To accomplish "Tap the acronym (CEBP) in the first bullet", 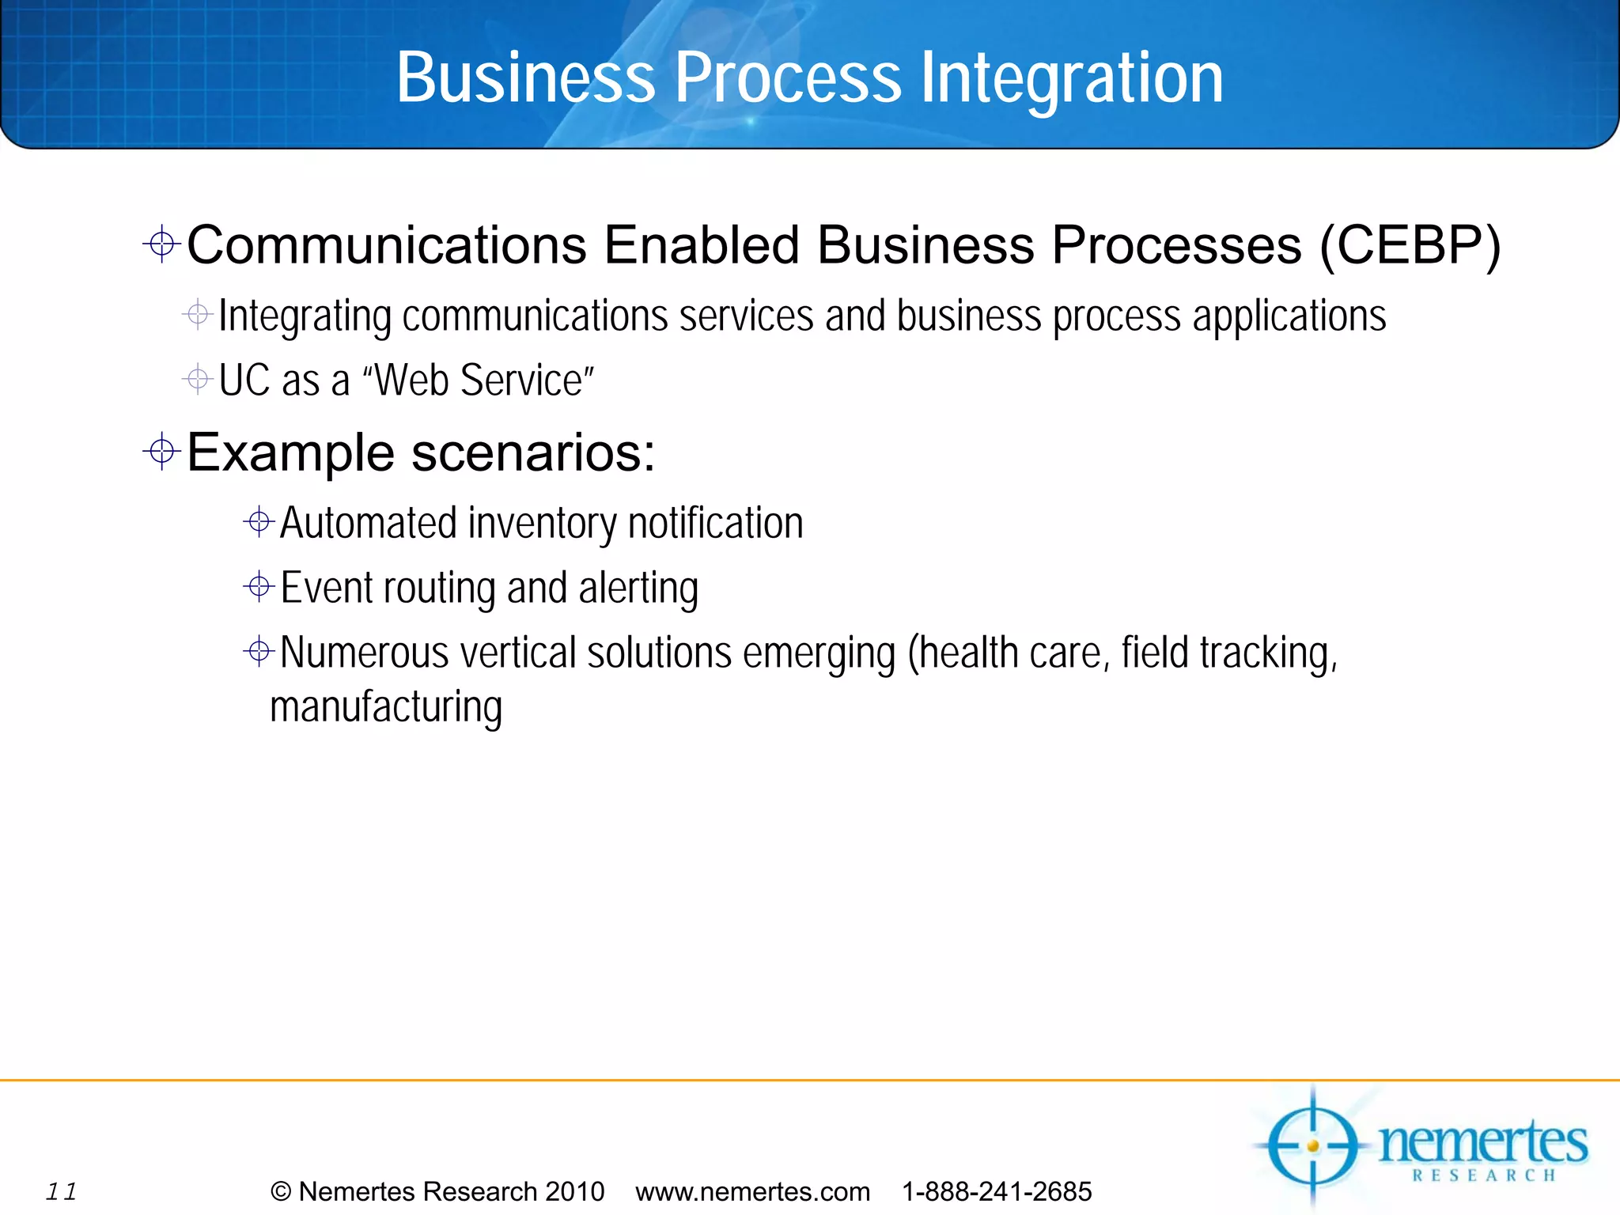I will click(x=1410, y=245).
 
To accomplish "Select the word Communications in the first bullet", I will click(x=387, y=245).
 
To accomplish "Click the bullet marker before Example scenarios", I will click(x=162, y=452).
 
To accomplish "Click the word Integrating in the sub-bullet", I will click(x=305, y=316).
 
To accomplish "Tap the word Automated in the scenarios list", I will click(x=369, y=524).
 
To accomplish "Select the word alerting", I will click(x=638, y=589).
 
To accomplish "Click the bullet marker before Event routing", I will click(x=259, y=587).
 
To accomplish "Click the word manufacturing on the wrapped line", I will click(x=386, y=707).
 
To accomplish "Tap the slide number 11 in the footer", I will click(x=61, y=1191).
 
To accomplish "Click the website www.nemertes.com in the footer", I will click(x=752, y=1191).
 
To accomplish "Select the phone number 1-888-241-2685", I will click(x=997, y=1191).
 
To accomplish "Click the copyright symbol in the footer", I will click(x=281, y=1191).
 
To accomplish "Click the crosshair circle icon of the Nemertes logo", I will click(x=1312, y=1145).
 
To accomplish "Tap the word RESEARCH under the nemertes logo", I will click(x=1484, y=1175).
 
